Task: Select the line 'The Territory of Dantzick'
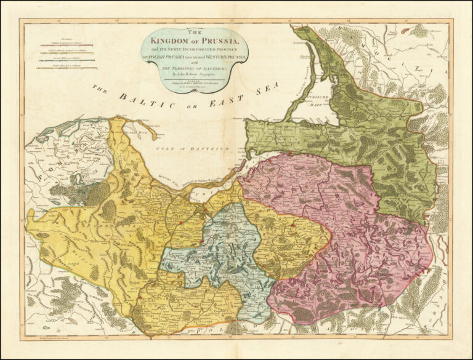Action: click(195, 68)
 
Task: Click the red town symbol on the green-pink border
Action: click(290, 153)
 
